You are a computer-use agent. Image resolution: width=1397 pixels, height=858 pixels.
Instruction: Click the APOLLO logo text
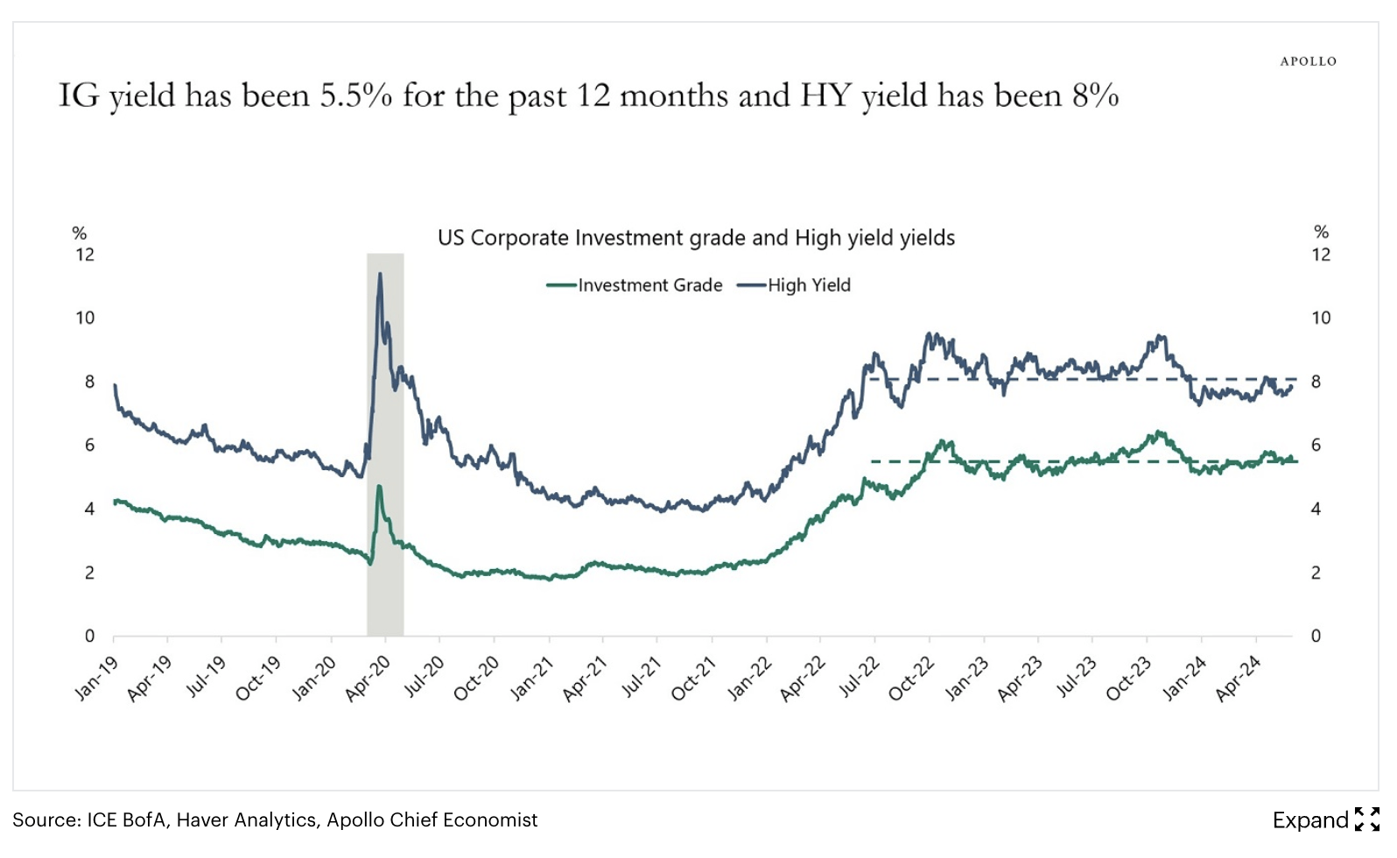pyautogui.click(x=1308, y=61)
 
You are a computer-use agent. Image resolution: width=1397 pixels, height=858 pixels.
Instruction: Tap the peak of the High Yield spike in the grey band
pyautogui.click(x=379, y=275)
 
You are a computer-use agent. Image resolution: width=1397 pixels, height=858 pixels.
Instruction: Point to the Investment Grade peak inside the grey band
pyautogui.click(x=379, y=487)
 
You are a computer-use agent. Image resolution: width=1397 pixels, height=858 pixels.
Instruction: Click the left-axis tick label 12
pyautogui.click(x=85, y=255)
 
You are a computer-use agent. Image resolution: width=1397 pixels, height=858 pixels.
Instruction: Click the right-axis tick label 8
pyautogui.click(x=1315, y=382)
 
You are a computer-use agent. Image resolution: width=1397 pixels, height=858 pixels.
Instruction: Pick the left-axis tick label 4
pyautogui.click(x=89, y=509)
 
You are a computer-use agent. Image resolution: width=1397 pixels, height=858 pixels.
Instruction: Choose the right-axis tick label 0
pyautogui.click(x=1315, y=636)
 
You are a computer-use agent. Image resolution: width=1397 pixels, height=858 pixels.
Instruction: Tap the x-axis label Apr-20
pyautogui.click(x=369, y=679)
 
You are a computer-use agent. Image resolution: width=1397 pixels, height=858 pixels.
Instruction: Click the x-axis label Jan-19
pyautogui.click(x=96, y=679)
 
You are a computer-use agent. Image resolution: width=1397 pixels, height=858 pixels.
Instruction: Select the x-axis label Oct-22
pyautogui.click(x=912, y=679)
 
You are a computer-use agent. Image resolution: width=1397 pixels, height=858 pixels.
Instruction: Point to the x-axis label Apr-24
pyautogui.click(x=1239, y=679)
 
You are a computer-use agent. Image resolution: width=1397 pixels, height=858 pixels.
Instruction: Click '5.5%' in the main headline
pyautogui.click(x=355, y=95)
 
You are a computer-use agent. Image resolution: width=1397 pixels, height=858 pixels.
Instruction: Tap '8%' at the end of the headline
pyautogui.click(x=1095, y=95)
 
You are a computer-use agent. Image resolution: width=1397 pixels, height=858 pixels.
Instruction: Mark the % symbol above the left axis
pyautogui.click(x=79, y=233)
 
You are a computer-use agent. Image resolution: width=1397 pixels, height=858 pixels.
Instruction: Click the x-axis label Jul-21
pyautogui.click(x=642, y=679)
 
